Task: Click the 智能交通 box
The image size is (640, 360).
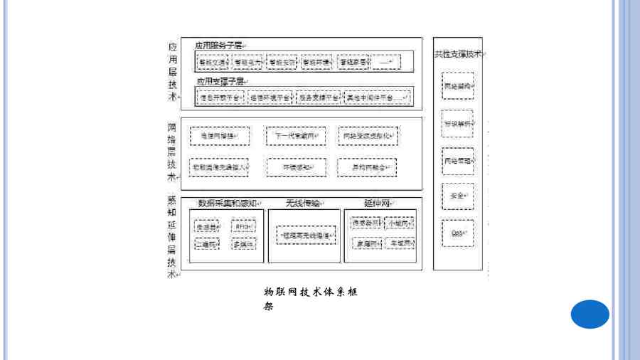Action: (x=213, y=62)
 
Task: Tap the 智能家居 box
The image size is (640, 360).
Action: (x=354, y=62)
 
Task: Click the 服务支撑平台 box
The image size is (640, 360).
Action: (x=318, y=97)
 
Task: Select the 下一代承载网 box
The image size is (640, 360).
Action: (x=296, y=135)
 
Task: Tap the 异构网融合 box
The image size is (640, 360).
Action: (x=367, y=167)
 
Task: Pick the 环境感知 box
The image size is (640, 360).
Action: (x=296, y=167)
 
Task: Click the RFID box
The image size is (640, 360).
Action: (x=243, y=226)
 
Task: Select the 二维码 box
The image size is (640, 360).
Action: (x=207, y=243)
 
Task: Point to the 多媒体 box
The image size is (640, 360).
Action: (x=243, y=243)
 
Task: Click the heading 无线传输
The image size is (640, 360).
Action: (x=304, y=203)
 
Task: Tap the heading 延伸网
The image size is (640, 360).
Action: (x=378, y=203)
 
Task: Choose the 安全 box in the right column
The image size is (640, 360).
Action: (x=457, y=195)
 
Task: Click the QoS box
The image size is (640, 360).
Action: (x=457, y=233)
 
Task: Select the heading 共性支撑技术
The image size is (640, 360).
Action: (x=458, y=54)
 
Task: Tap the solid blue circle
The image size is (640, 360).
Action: (x=590, y=314)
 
